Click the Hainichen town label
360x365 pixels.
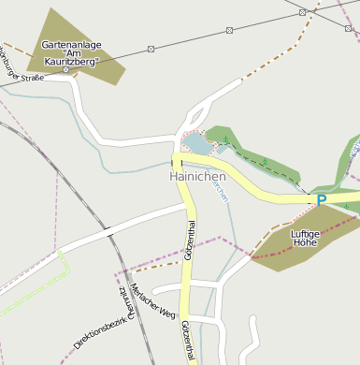(x=197, y=176)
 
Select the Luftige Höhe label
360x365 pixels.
(x=305, y=238)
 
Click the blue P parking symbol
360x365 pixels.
(x=322, y=199)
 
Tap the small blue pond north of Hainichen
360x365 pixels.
(x=198, y=144)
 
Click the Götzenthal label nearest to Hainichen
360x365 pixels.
(x=192, y=239)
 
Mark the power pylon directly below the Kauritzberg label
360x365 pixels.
(x=65, y=70)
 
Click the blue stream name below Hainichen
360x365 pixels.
(x=222, y=191)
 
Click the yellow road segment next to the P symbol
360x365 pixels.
(x=290, y=197)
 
